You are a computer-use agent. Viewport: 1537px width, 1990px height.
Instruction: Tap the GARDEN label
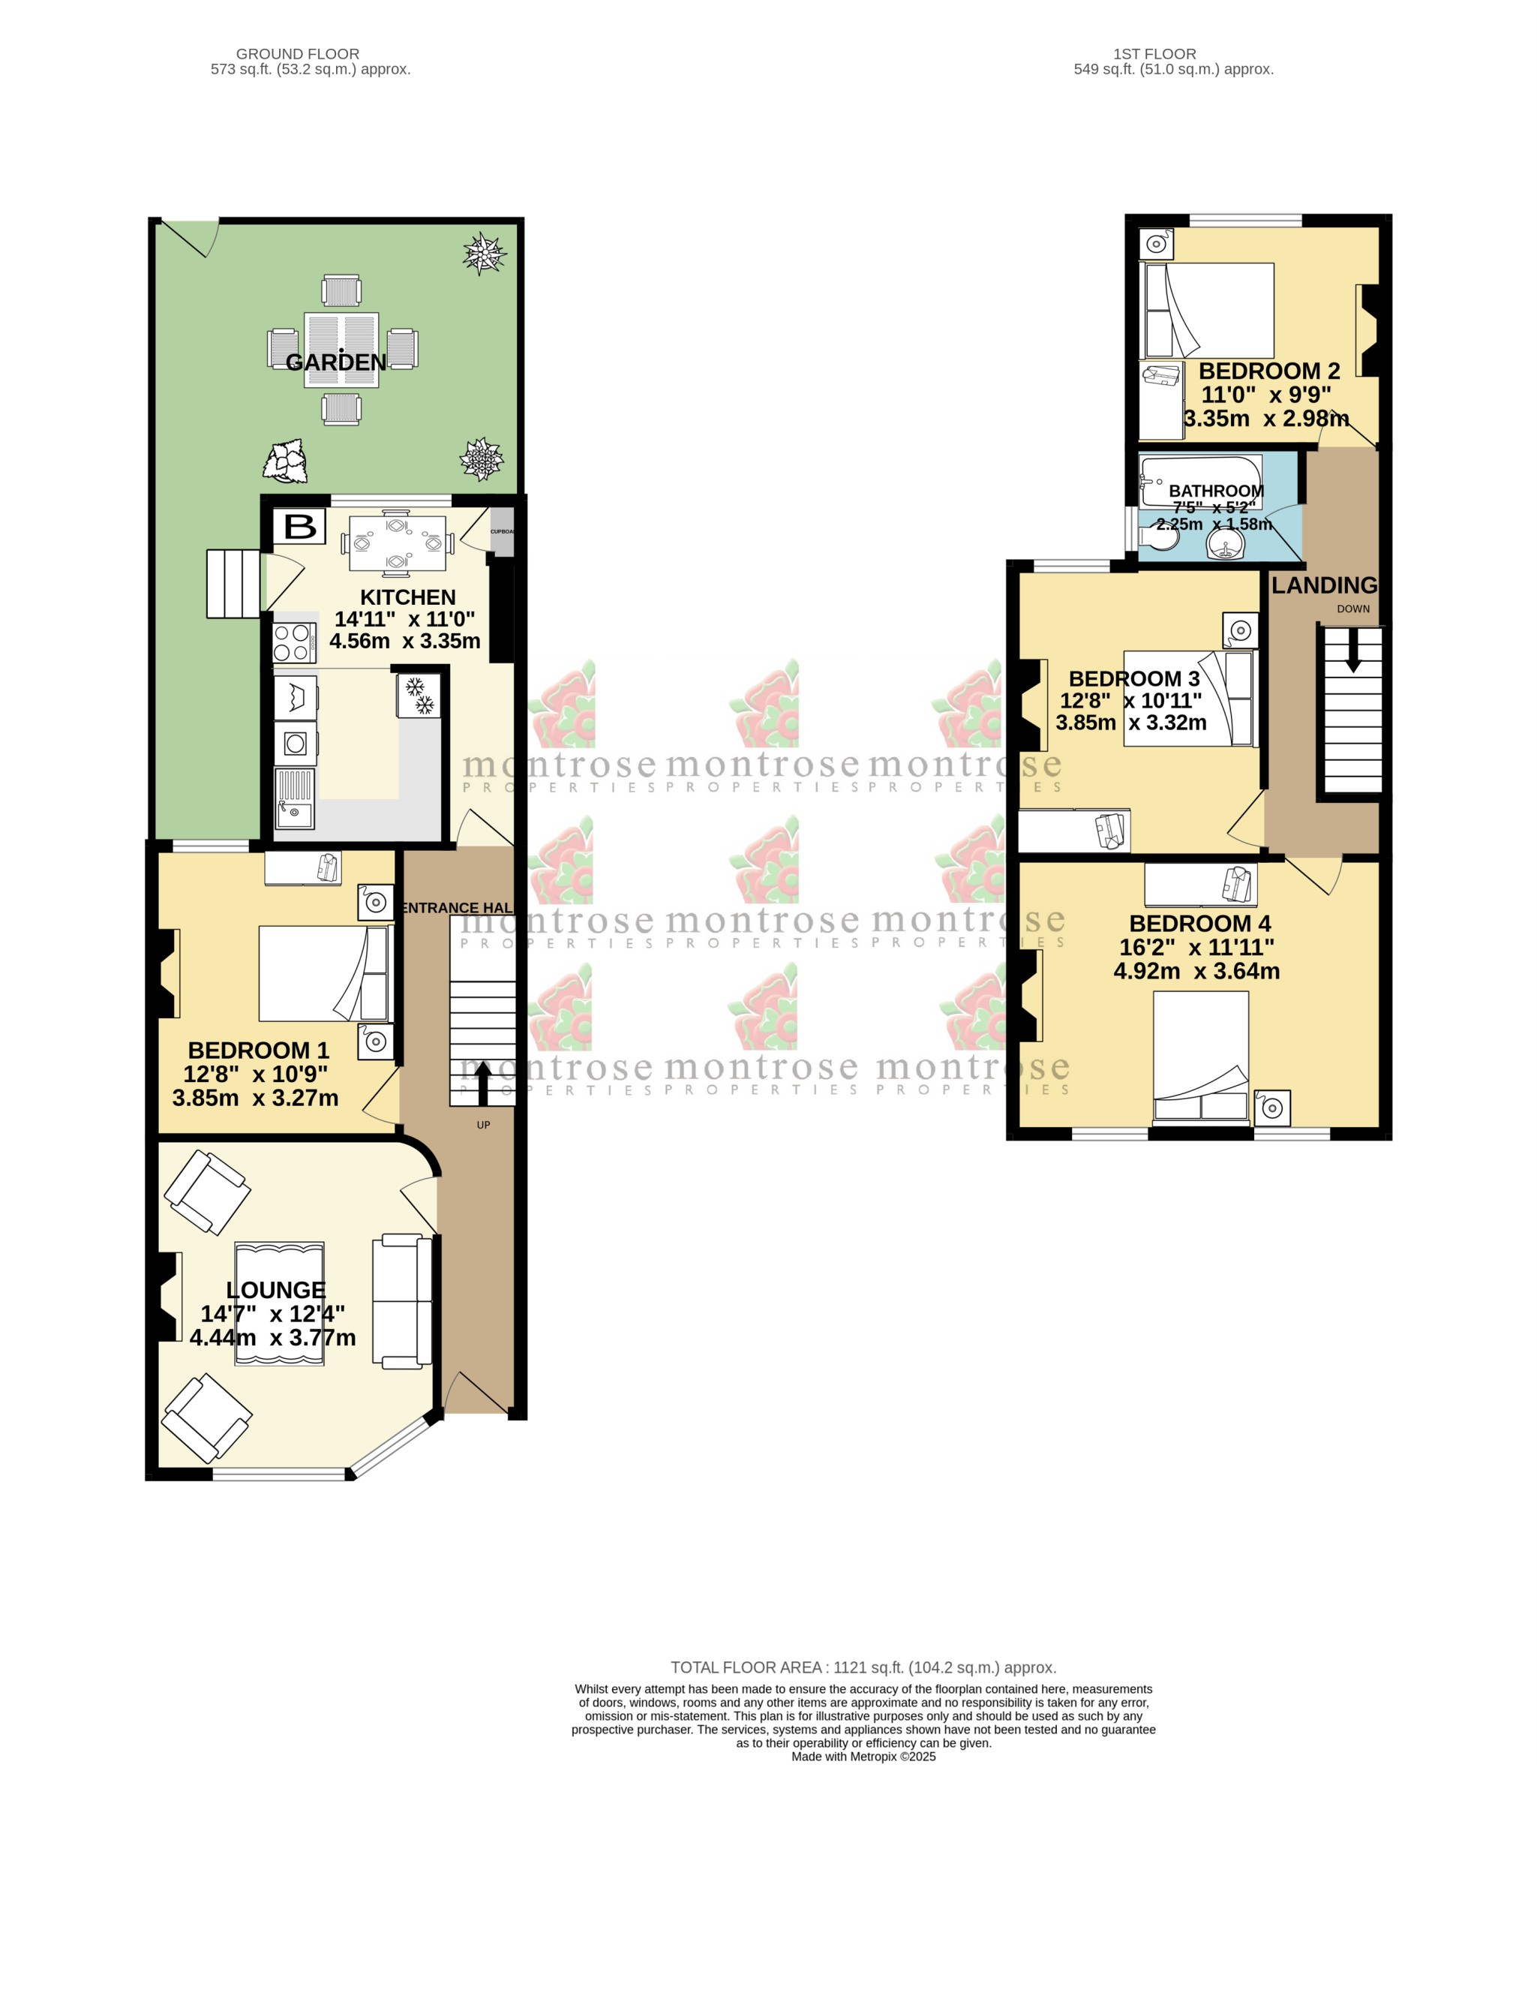336,362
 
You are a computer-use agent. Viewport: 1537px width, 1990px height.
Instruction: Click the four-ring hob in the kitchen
294,642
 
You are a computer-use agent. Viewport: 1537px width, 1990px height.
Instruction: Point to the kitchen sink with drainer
294,798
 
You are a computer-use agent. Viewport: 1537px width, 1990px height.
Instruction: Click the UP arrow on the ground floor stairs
483,1081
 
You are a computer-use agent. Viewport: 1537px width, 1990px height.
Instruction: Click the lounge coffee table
280,1303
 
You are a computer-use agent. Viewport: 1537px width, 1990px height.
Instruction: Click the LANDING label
1324,585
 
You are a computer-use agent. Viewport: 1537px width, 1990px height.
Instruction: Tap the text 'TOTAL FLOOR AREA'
746,1667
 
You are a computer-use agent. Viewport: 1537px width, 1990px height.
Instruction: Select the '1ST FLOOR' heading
1154,54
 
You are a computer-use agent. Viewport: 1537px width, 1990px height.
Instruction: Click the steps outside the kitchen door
233,584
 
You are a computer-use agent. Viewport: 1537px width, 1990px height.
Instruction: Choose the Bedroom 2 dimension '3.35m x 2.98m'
1265,419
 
